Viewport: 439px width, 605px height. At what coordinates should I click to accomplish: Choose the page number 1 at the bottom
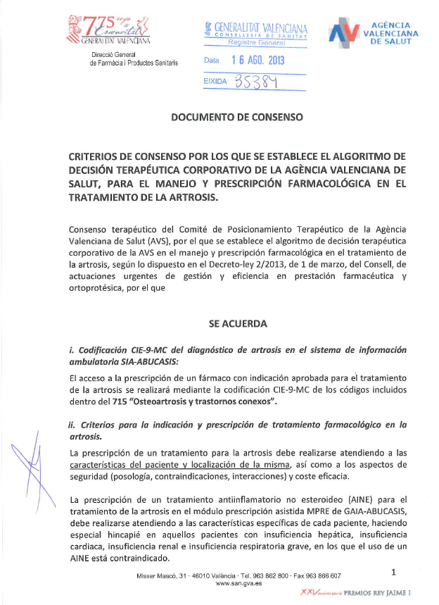point(394,572)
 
